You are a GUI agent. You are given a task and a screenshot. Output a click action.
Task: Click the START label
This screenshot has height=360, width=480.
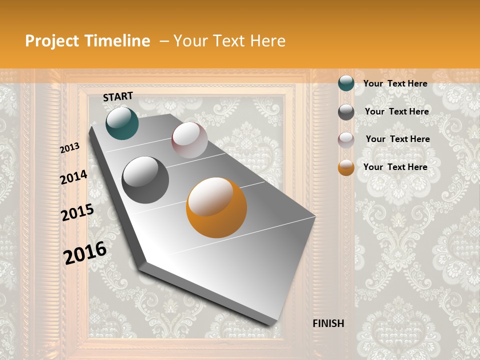[x=118, y=96]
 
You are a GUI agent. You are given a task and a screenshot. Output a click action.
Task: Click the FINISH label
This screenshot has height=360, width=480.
[x=328, y=323]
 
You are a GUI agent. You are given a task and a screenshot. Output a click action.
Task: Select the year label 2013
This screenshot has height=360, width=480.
[x=70, y=147]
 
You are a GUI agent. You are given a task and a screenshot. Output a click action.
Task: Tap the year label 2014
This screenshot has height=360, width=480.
[x=73, y=177]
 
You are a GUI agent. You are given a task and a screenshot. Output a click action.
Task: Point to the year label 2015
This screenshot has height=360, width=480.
[x=77, y=212]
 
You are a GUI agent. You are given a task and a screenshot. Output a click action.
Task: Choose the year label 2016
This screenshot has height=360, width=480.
[x=85, y=253]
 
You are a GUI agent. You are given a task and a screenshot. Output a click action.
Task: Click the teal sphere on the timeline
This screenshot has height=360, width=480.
[x=122, y=123]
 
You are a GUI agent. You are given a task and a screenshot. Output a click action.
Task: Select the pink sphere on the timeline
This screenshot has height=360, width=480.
[x=189, y=140]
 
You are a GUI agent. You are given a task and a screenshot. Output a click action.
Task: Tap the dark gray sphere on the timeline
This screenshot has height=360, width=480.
[x=145, y=180]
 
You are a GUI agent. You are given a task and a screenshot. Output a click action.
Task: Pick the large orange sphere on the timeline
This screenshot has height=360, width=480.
[x=216, y=207]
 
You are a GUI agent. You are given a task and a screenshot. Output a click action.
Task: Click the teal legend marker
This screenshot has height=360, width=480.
[x=346, y=83]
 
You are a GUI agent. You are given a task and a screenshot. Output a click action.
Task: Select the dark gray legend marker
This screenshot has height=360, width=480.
[x=346, y=112]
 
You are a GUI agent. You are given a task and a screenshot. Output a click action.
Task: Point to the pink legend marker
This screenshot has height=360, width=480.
[x=346, y=140]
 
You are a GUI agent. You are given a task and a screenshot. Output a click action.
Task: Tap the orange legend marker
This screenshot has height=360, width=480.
[x=346, y=167]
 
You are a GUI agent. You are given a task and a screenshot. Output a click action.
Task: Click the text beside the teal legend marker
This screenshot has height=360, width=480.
[x=395, y=84]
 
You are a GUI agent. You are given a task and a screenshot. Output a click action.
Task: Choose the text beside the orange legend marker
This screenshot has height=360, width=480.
[x=395, y=167]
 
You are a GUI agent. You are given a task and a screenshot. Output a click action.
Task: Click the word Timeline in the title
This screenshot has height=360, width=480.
[x=118, y=41]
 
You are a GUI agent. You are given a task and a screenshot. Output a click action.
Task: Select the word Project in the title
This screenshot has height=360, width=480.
[x=51, y=41]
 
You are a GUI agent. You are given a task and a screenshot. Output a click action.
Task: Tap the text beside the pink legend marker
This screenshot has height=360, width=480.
[x=397, y=139]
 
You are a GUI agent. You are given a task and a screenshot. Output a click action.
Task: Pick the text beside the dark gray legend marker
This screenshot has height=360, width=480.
[x=396, y=111]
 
